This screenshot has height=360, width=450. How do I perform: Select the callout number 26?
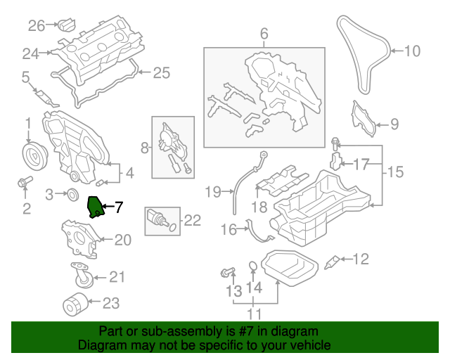click(x=36, y=26)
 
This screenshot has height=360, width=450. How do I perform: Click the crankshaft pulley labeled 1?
click(x=32, y=154)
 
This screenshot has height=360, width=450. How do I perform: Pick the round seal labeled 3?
click(x=72, y=193)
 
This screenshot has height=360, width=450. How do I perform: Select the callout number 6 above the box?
click(x=264, y=34)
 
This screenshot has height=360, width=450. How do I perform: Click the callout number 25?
click(x=162, y=72)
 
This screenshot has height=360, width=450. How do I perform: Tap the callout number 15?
click(x=396, y=171)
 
